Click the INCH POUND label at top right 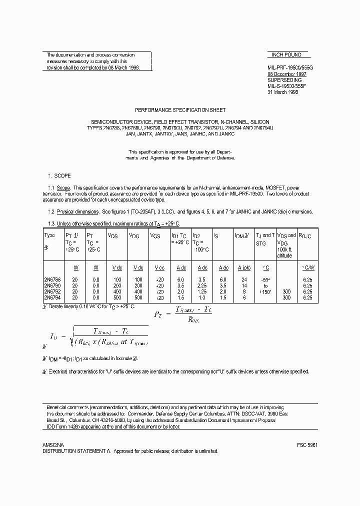tap(286, 55)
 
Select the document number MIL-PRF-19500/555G tap(289, 67)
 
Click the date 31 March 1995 tap(283, 92)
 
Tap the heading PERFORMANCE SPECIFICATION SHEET tap(180, 110)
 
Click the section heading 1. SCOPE tap(59, 175)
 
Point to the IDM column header tap(242, 235)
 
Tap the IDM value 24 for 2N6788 tap(243, 279)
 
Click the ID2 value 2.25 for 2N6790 tap(202, 285)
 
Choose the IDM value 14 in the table tap(243, 285)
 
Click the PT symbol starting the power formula tap(156, 315)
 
